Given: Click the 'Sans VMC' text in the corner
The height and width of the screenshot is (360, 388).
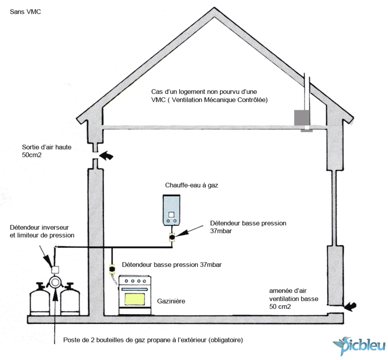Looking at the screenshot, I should (x=25, y=12).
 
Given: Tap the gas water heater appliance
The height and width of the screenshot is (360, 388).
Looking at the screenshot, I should (x=171, y=210).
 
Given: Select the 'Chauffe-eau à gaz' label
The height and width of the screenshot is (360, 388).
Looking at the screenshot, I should (x=192, y=185).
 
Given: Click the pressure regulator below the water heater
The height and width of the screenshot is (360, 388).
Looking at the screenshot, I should (x=171, y=237).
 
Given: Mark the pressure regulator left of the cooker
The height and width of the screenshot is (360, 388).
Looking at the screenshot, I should (x=112, y=269).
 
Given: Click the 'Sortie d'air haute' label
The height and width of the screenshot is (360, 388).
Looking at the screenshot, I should (x=47, y=147).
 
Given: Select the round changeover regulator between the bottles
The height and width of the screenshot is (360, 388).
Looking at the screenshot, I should (x=56, y=283).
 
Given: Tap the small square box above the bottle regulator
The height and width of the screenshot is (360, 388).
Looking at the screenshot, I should (x=55, y=270).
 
